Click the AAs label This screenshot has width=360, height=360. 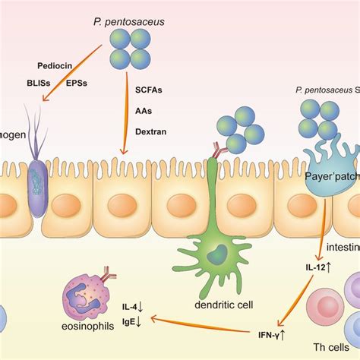(142, 110)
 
